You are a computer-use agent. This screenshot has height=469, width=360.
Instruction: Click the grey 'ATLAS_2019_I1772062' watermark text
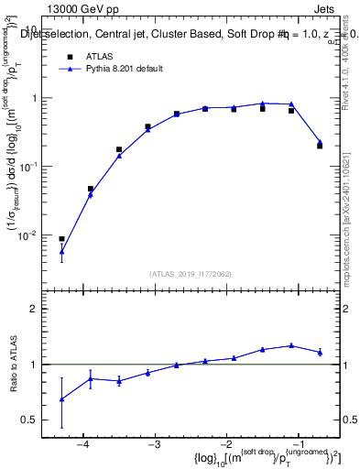[190, 273]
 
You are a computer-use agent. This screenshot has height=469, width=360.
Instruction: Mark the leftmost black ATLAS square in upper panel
[61, 239]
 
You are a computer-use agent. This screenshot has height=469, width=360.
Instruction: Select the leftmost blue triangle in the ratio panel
[61, 399]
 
